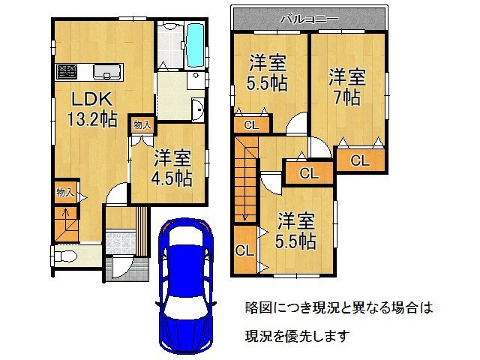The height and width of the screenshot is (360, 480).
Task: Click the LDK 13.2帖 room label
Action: (91, 109)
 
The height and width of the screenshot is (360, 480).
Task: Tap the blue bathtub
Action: (195, 46)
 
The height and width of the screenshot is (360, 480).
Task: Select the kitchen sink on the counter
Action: (106, 72)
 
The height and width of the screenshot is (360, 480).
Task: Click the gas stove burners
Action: (67, 72)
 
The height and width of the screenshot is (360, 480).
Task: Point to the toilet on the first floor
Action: (65, 256)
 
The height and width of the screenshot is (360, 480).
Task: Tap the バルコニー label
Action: (310, 19)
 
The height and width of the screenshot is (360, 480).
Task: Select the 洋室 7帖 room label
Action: (346, 87)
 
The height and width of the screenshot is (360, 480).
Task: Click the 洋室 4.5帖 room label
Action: (172, 168)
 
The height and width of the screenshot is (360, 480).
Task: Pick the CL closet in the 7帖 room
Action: (360, 160)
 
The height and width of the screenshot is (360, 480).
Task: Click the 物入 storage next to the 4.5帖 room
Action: (142, 124)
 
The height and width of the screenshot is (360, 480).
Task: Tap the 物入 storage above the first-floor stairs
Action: (65, 193)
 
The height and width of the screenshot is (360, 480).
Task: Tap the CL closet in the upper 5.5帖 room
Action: (252, 125)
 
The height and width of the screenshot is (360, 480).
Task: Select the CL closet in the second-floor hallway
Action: (309, 173)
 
